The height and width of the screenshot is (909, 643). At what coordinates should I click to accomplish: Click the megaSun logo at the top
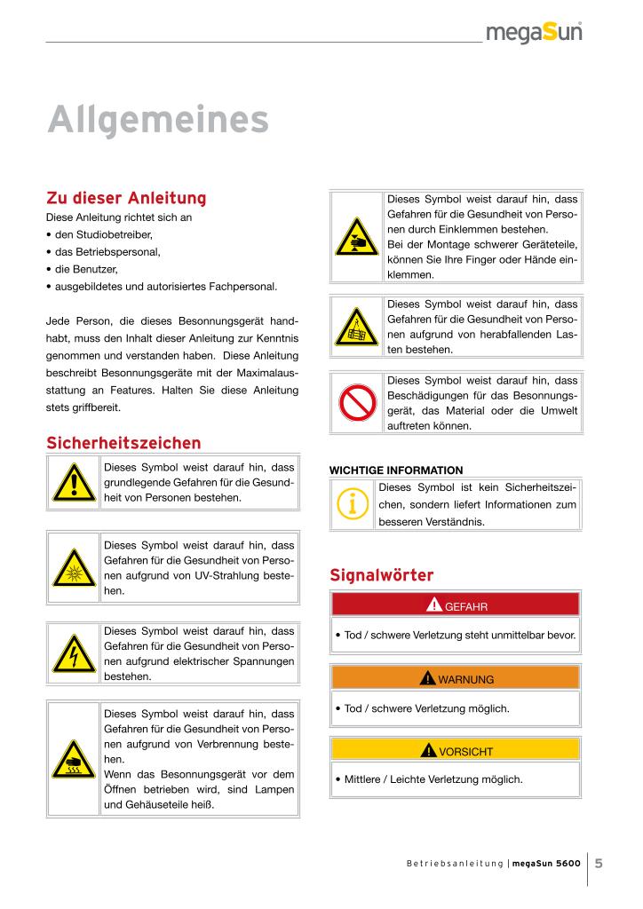pos(533,34)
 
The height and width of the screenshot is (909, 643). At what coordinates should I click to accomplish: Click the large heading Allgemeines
pos(157,119)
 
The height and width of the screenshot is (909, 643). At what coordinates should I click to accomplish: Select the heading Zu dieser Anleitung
pos(126,197)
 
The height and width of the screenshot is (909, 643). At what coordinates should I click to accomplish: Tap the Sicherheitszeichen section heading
pos(123,442)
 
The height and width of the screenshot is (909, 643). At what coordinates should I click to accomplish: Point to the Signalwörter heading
pos(381,575)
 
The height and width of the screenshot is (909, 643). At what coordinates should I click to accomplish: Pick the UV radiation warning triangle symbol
pos(74,567)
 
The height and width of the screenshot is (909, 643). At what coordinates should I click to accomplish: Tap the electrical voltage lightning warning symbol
pos(74,654)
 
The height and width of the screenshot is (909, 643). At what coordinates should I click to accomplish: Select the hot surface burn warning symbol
pos(74,758)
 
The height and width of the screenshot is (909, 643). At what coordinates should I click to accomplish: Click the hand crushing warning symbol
pos(357,236)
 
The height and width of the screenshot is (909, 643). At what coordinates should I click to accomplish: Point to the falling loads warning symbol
pos(357,328)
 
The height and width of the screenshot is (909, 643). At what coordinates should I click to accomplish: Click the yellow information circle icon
pos(353,504)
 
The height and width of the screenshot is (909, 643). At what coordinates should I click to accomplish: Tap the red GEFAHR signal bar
pos(455,606)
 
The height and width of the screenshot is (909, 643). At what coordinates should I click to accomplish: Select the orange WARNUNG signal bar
pos(455,679)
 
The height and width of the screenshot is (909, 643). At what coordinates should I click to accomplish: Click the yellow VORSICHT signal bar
pos(455,751)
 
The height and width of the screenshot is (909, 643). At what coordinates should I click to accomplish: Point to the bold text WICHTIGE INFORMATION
pos(396,470)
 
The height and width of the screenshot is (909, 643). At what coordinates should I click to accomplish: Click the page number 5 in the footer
pos(599,862)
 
